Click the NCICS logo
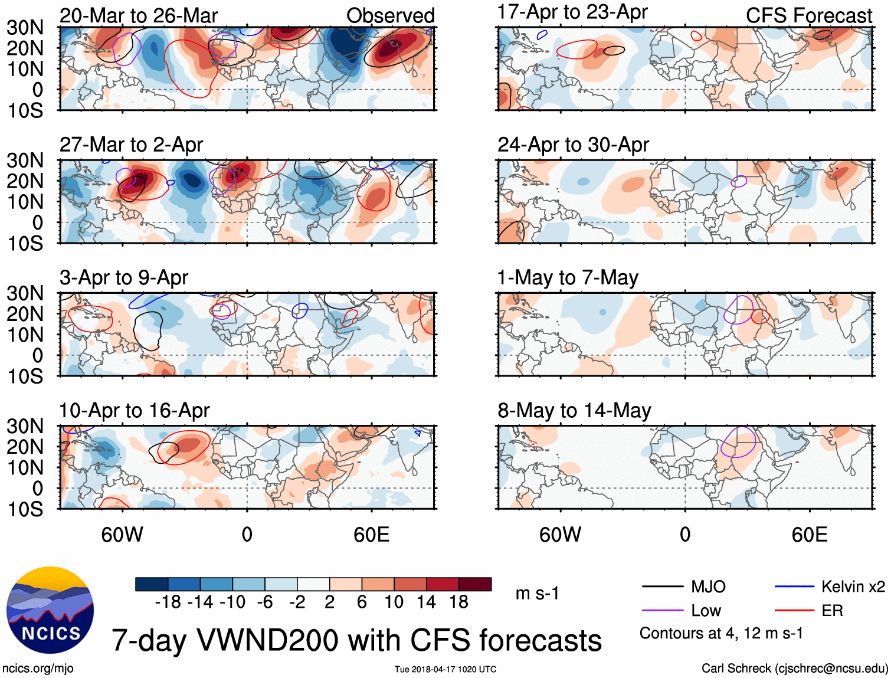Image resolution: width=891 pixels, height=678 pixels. tap(50, 610)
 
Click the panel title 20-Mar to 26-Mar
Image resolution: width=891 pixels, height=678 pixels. tap(139, 15)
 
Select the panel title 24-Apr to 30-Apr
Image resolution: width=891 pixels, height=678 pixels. tap(573, 145)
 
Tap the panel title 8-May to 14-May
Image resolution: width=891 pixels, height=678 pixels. tap(574, 410)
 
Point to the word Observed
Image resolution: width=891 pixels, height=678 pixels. tap(390, 15)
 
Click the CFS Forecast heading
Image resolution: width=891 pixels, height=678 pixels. tap(808, 15)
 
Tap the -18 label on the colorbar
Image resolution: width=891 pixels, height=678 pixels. tap(168, 602)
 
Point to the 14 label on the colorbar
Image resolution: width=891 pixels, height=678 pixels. tap(426, 602)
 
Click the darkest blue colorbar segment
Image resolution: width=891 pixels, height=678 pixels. tap(152, 584)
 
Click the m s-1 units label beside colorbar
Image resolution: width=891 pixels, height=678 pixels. tap(537, 593)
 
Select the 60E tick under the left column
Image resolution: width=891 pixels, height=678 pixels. tap(371, 535)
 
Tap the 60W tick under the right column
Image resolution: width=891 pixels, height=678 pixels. tap(560, 535)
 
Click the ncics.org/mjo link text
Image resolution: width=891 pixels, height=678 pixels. tap(38, 669)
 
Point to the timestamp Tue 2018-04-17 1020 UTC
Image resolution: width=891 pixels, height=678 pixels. tap(446, 669)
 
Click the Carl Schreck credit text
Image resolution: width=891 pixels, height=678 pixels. tap(794, 669)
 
